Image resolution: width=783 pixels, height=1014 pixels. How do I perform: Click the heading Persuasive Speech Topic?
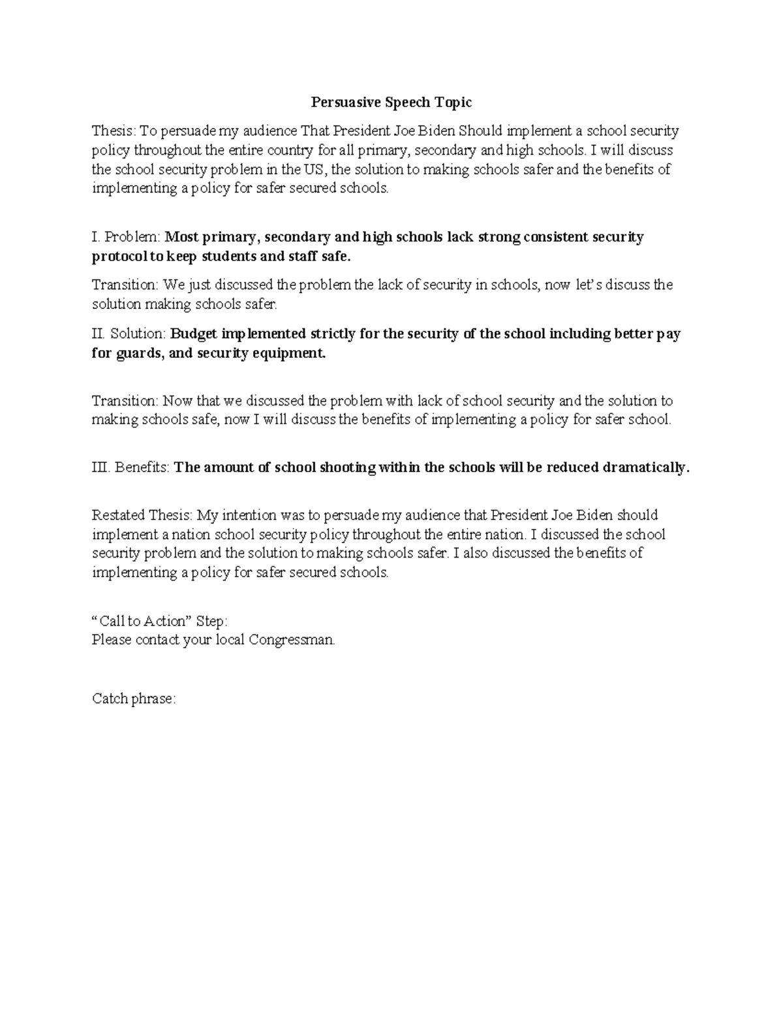coord(391,103)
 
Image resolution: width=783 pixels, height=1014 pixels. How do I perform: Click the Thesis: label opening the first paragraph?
coord(112,131)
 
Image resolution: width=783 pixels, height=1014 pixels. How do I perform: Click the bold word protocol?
coord(120,257)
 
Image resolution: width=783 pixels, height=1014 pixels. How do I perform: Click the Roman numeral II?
coord(98,334)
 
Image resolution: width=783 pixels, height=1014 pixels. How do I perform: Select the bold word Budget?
coord(194,334)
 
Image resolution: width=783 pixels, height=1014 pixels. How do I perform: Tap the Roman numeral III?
coord(100,467)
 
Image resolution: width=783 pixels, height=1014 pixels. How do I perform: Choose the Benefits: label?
coord(142,467)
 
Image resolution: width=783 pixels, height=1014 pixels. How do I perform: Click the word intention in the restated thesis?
coord(257,515)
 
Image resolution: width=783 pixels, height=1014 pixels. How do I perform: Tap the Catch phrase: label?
coord(134,699)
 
